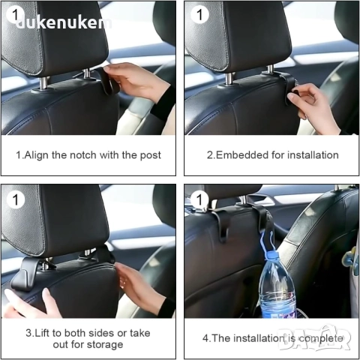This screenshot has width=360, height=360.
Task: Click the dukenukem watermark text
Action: click(x=64, y=22)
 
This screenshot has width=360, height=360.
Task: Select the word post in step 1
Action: click(x=151, y=155)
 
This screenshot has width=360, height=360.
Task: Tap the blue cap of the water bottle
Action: click(x=271, y=255)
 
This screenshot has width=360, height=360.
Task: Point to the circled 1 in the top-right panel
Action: click(x=199, y=14)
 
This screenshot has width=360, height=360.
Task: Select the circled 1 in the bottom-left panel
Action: click(x=16, y=199)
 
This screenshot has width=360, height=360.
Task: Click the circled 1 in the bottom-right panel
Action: click(x=199, y=199)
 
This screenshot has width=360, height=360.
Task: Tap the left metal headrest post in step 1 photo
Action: click(x=44, y=83)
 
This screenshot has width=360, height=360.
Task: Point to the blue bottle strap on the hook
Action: click(x=268, y=241)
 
